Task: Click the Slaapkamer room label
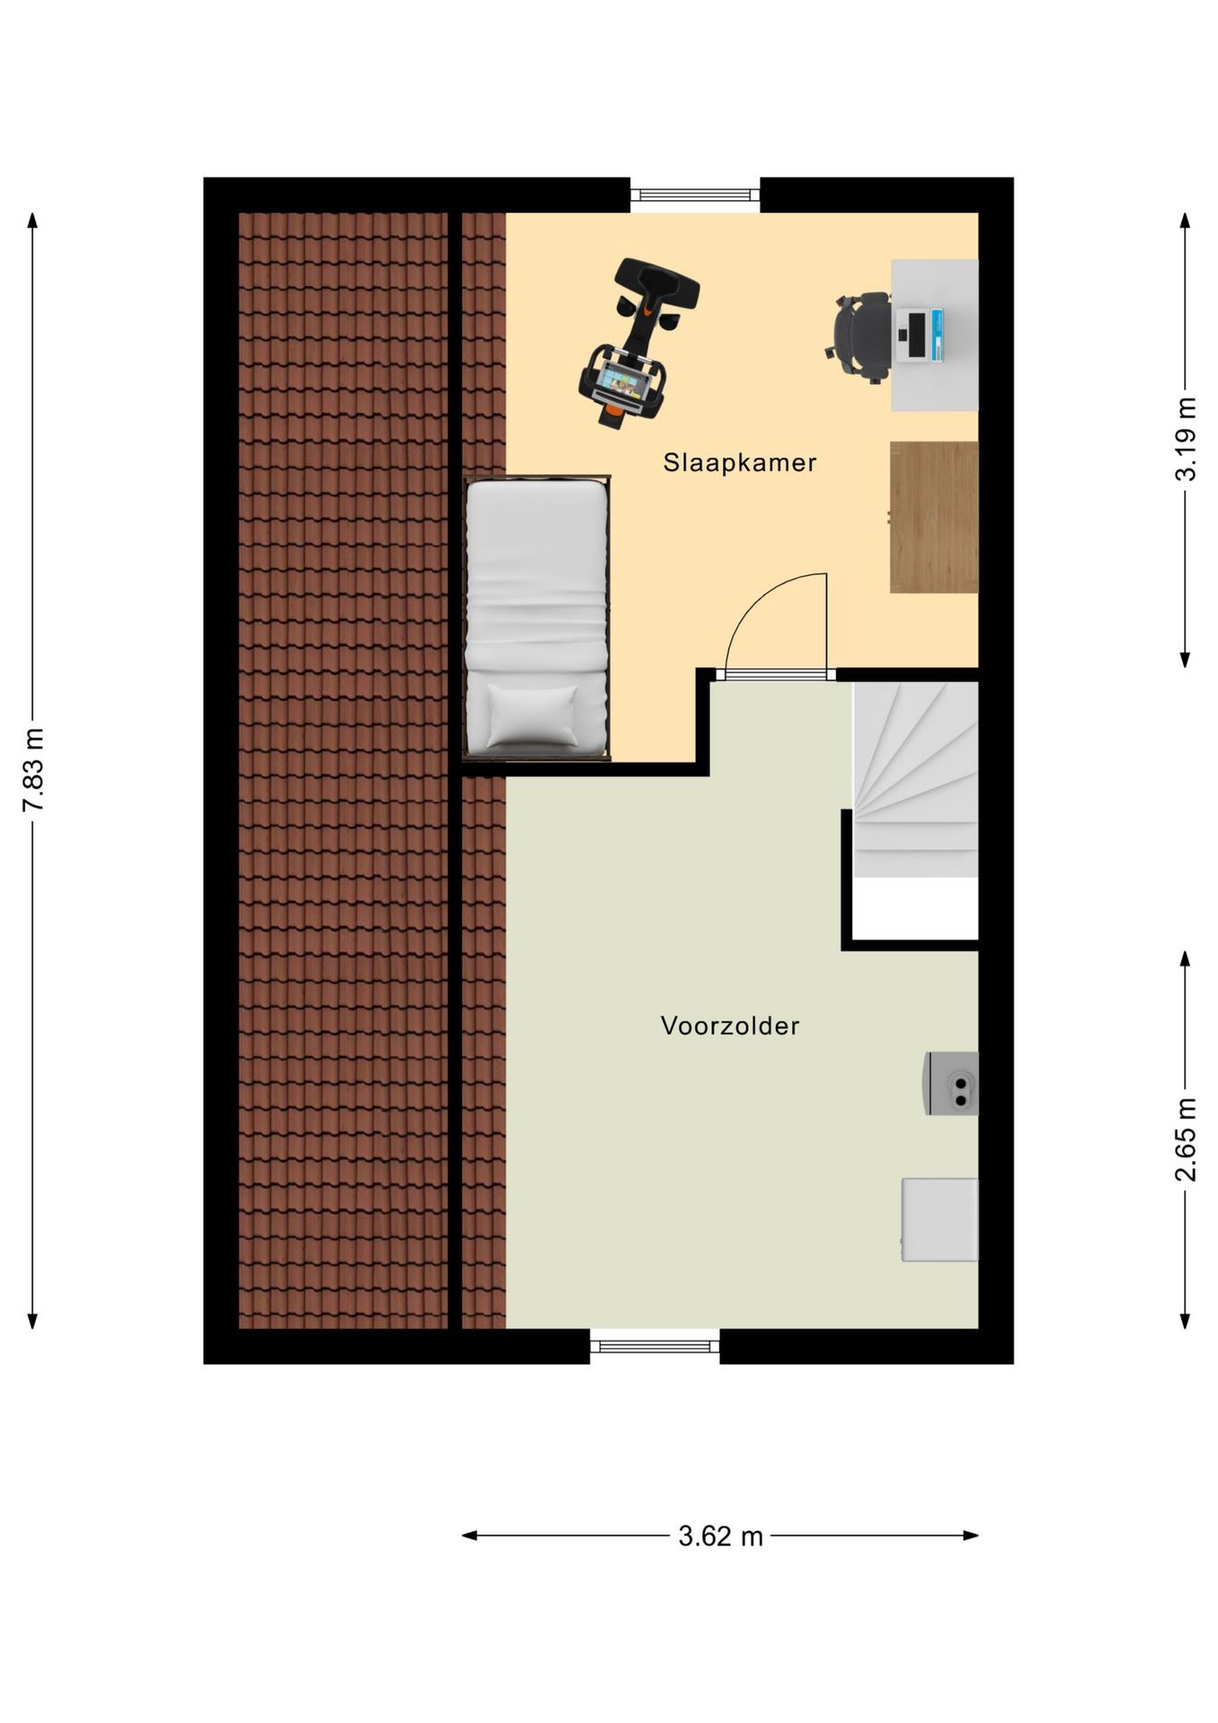click(739, 463)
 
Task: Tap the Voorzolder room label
click(729, 1026)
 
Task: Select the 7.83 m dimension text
click(33, 769)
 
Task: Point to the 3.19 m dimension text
click(1186, 439)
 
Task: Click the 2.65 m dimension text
click(1186, 1139)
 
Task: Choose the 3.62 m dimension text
click(720, 1536)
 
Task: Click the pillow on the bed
click(533, 715)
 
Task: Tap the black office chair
click(859, 337)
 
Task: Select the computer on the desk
click(920, 336)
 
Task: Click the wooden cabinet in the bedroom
click(934, 517)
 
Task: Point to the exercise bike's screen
click(620, 382)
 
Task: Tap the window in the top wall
click(695, 195)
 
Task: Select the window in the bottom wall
click(655, 1346)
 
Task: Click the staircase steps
click(915, 779)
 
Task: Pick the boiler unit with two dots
click(952, 1084)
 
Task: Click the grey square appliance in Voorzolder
click(940, 1220)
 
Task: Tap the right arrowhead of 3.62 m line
click(971, 1535)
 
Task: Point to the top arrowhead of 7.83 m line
click(32, 221)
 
